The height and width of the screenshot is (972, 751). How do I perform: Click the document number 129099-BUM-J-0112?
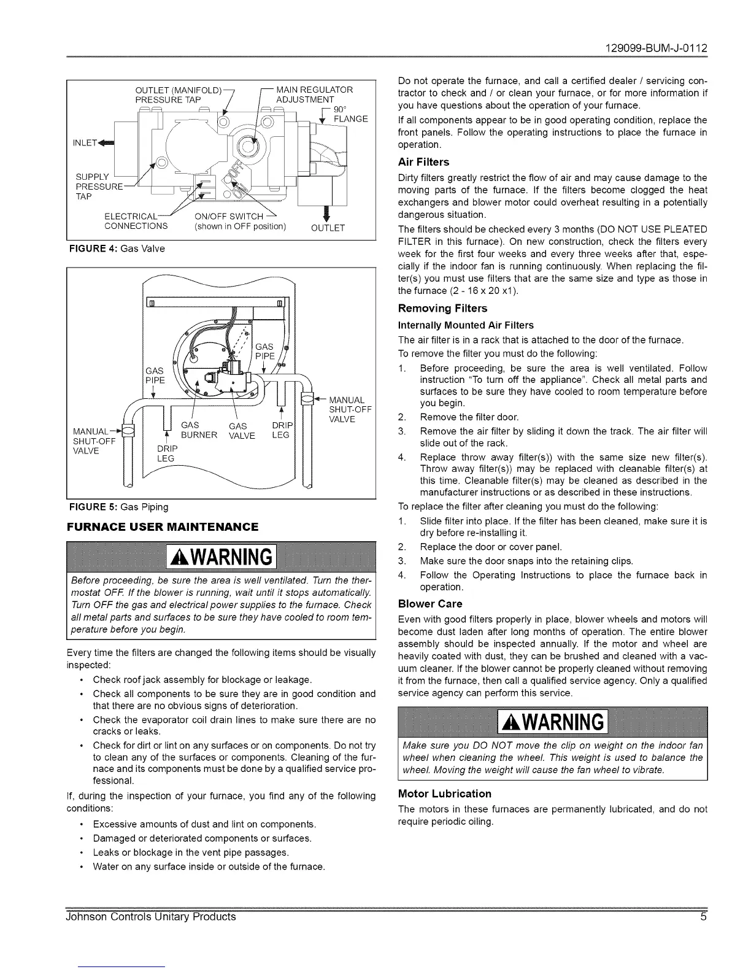pos(656,47)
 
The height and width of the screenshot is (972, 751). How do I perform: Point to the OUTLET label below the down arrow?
pos(328,228)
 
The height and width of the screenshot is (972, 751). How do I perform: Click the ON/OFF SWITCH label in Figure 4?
pos(228,216)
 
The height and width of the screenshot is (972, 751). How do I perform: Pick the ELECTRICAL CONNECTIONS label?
pos(136,221)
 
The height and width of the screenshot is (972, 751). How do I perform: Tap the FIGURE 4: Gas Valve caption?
pos(115,249)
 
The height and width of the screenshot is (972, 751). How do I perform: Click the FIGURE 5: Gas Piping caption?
pos(117,507)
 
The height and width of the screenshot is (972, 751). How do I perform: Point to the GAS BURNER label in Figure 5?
pos(199,431)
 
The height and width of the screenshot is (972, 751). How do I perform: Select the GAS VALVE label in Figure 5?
pos(237,431)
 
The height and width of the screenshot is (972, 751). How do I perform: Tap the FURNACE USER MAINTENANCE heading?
pos(162,526)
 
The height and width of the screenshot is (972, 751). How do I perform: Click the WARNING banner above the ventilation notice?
pos(221,557)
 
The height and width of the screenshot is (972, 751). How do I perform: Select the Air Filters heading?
pos(423,162)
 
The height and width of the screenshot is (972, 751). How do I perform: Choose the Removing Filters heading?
pos(442,308)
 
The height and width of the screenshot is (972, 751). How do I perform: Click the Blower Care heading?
pos(430,604)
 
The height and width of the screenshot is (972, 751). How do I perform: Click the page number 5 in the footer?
pos(703,917)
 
